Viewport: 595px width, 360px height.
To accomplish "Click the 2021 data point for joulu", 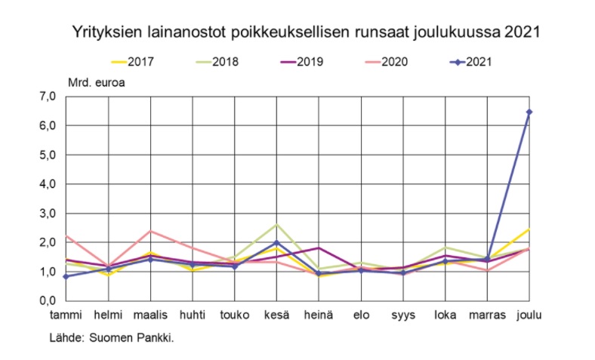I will point(529,112).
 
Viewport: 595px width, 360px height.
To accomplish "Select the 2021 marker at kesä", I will point(276,243).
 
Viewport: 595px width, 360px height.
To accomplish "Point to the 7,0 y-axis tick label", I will point(48,97).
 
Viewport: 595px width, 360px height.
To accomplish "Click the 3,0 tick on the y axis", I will point(48,214).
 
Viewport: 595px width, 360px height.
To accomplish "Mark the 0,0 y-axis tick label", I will point(48,301).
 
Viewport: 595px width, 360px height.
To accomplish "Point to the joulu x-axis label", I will point(529,314).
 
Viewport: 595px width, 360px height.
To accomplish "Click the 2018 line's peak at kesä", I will point(276,224).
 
